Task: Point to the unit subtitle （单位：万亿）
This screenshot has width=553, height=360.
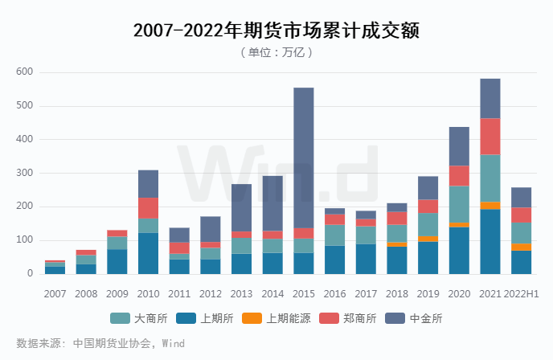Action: click(x=276, y=52)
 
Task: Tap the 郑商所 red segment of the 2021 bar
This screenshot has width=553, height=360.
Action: click(x=490, y=136)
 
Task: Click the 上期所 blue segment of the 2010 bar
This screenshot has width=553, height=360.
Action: click(x=148, y=253)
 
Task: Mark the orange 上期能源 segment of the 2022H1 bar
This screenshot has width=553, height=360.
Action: click(x=522, y=247)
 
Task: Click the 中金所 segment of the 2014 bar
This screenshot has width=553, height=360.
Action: click(x=272, y=203)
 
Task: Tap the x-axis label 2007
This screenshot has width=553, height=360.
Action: click(x=55, y=294)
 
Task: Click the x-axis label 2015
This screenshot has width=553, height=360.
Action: click(x=303, y=294)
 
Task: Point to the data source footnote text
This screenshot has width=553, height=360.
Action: click(x=100, y=343)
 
